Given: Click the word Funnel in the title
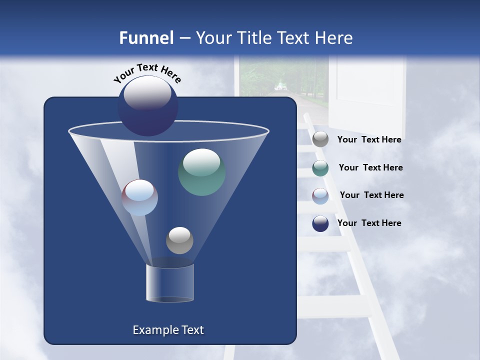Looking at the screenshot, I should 146,38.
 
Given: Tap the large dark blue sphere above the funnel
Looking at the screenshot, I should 148,105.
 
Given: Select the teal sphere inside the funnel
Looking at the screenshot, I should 201,172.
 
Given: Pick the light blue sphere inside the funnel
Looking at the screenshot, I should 140,197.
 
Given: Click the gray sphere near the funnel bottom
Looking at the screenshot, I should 179,240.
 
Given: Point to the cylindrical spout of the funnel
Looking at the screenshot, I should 169,283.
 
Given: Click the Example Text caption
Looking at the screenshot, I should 168,330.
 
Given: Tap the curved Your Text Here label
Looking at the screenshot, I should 147,73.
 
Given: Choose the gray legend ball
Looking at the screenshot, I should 320,139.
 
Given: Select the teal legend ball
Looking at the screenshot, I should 320,168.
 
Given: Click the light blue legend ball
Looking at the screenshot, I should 320,195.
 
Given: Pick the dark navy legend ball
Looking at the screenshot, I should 320,223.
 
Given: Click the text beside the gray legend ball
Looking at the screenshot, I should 369,140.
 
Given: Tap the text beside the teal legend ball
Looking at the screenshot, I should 370,168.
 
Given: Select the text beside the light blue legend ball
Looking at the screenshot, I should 371,195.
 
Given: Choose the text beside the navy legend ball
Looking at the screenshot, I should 369,223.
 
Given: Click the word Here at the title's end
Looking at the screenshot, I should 333,38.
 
